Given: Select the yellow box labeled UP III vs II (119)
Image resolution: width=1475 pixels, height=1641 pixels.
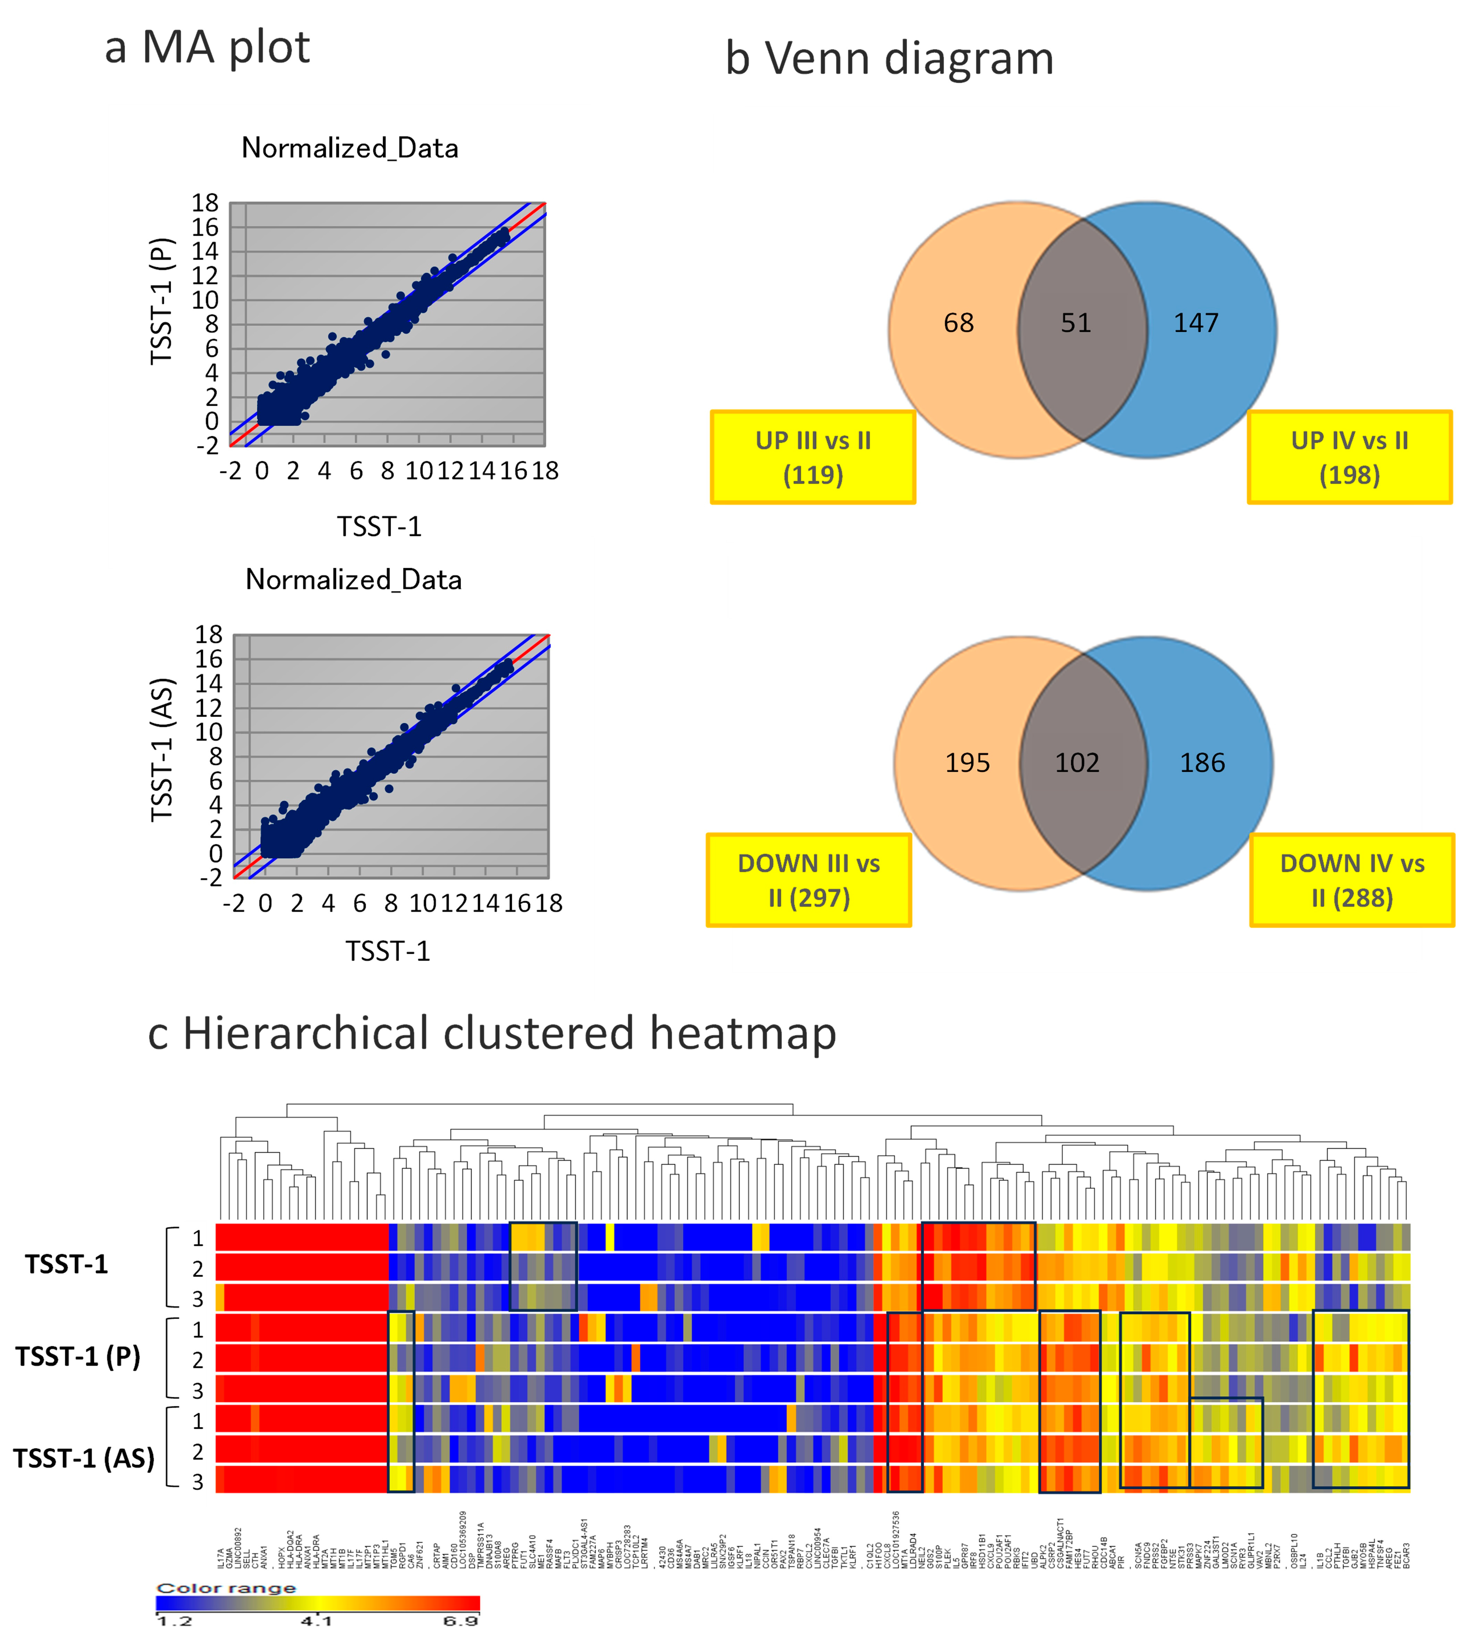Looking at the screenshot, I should point(813,458).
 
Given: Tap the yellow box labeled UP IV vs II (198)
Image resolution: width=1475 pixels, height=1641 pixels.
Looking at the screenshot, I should point(1349,458).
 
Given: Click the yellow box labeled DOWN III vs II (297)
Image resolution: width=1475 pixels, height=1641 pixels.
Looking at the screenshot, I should point(809,880).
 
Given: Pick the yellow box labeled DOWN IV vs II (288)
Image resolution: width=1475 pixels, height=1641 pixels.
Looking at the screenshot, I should point(1352,880).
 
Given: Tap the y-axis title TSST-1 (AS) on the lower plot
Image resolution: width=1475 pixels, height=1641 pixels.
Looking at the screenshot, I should point(162,749).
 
